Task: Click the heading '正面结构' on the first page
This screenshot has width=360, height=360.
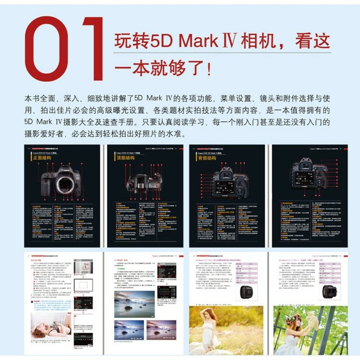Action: (43, 158)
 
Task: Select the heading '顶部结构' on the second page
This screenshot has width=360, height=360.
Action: (125, 158)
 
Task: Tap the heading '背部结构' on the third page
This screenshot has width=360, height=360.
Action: (207, 158)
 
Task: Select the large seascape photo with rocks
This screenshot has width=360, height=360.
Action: (134, 304)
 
